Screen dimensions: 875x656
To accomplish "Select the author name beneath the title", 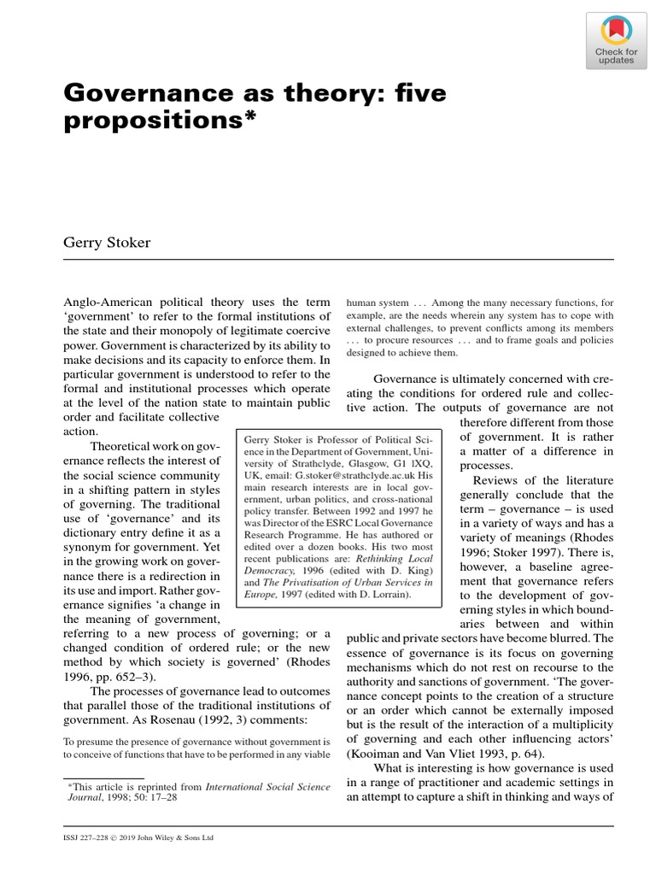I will pos(107,243).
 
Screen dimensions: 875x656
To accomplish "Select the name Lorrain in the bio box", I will pos(389,593).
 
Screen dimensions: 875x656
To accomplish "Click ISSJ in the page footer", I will pos(74,837).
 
